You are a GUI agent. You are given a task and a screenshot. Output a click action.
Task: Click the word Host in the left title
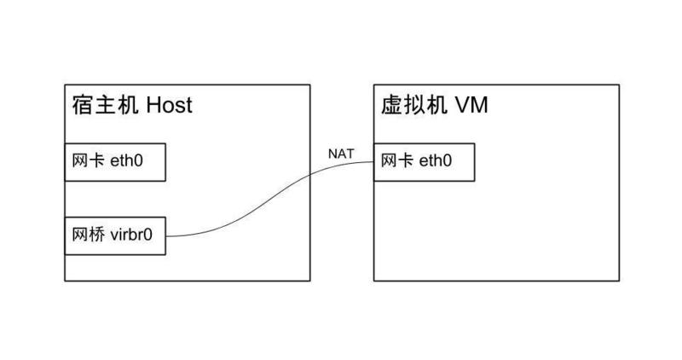tap(170, 105)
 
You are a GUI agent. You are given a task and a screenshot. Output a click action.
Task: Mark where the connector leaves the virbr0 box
tap(165, 236)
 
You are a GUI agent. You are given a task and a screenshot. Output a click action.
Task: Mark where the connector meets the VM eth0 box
tap(374, 163)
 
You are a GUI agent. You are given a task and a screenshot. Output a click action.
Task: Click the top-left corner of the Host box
tap(65, 84)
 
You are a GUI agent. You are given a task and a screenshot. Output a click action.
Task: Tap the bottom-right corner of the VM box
tap(618, 280)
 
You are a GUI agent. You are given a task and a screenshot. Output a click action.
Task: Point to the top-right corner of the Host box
tap(309, 84)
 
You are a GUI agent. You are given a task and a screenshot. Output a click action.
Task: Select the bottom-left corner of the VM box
tap(373, 280)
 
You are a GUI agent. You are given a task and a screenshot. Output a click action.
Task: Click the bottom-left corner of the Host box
tap(65, 280)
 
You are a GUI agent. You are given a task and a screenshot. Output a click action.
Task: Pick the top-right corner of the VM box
tap(618, 84)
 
